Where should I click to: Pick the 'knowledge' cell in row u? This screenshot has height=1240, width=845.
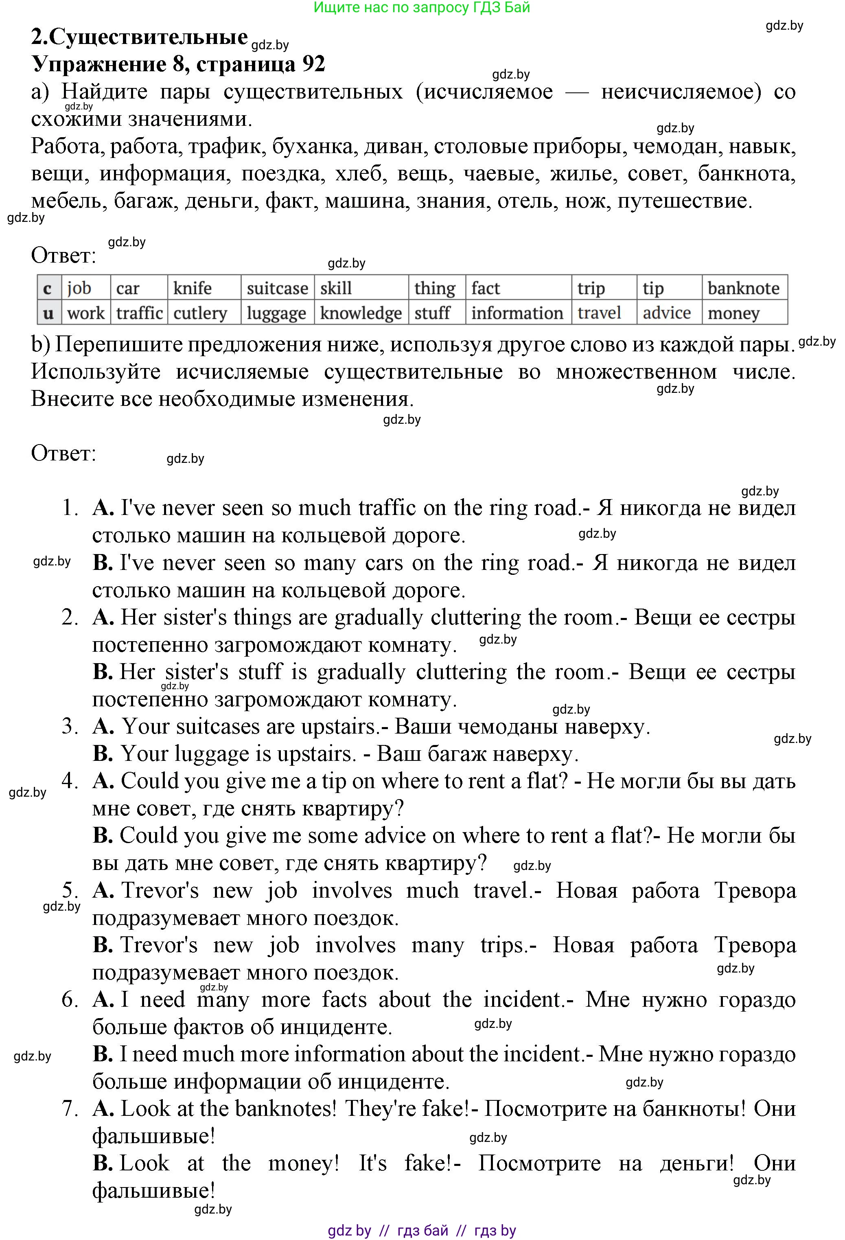[x=361, y=313]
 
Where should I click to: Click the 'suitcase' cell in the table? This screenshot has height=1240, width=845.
[x=277, y=288]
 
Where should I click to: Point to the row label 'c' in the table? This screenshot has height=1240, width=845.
[x=48, y=288]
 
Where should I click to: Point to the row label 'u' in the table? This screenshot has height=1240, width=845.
[x=48, y=313]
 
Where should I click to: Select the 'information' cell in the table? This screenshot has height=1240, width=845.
[x=517, y=313]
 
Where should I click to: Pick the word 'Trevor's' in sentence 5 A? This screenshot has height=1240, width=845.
[x=160, y=890]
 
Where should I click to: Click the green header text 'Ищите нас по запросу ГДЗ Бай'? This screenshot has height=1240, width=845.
[x=421, y=7]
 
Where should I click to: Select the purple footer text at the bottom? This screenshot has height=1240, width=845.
[x=421, y=1230]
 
